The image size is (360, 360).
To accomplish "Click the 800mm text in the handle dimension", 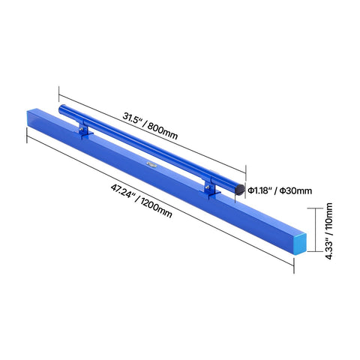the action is pos(163,131).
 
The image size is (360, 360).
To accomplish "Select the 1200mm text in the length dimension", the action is pos(156,208).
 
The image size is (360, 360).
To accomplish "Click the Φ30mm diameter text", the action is pos(295,190).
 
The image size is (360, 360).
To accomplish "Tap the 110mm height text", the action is pos(329,216).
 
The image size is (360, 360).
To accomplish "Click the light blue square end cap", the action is pos(300,244).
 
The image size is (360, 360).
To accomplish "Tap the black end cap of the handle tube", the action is pos(240,190).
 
